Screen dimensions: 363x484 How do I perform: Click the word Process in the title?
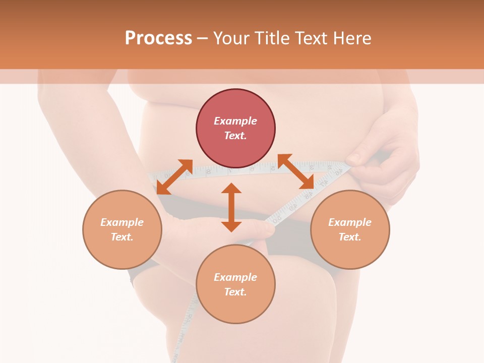pos(158,38)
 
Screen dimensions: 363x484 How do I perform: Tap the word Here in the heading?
pos(351,38)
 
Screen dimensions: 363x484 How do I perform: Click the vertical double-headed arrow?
pos(231,207)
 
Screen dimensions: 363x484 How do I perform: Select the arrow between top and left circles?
pos(174,176)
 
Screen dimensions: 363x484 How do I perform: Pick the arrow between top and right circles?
pos(296,171)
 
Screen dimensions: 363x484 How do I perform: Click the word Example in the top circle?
pos(235,121)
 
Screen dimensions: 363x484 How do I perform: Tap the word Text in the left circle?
pos(122,237)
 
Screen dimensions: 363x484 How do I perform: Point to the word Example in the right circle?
pos(350,222)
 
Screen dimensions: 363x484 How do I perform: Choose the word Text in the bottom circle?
pos(235,292)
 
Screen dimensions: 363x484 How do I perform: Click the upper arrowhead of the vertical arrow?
pos(231,188)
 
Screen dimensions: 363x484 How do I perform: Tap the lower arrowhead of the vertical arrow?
pos(231,226)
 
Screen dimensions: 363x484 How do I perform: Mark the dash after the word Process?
pos(202,38)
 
